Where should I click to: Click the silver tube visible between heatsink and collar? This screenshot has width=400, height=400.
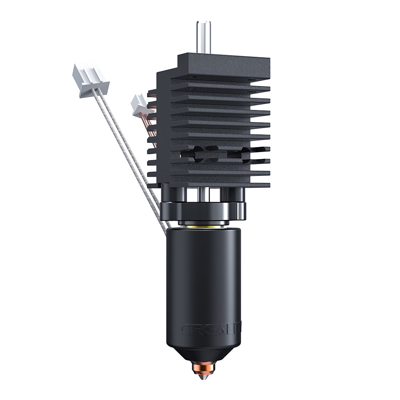coord(204,194)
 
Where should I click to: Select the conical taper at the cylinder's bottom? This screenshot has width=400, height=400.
coord(203,352)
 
